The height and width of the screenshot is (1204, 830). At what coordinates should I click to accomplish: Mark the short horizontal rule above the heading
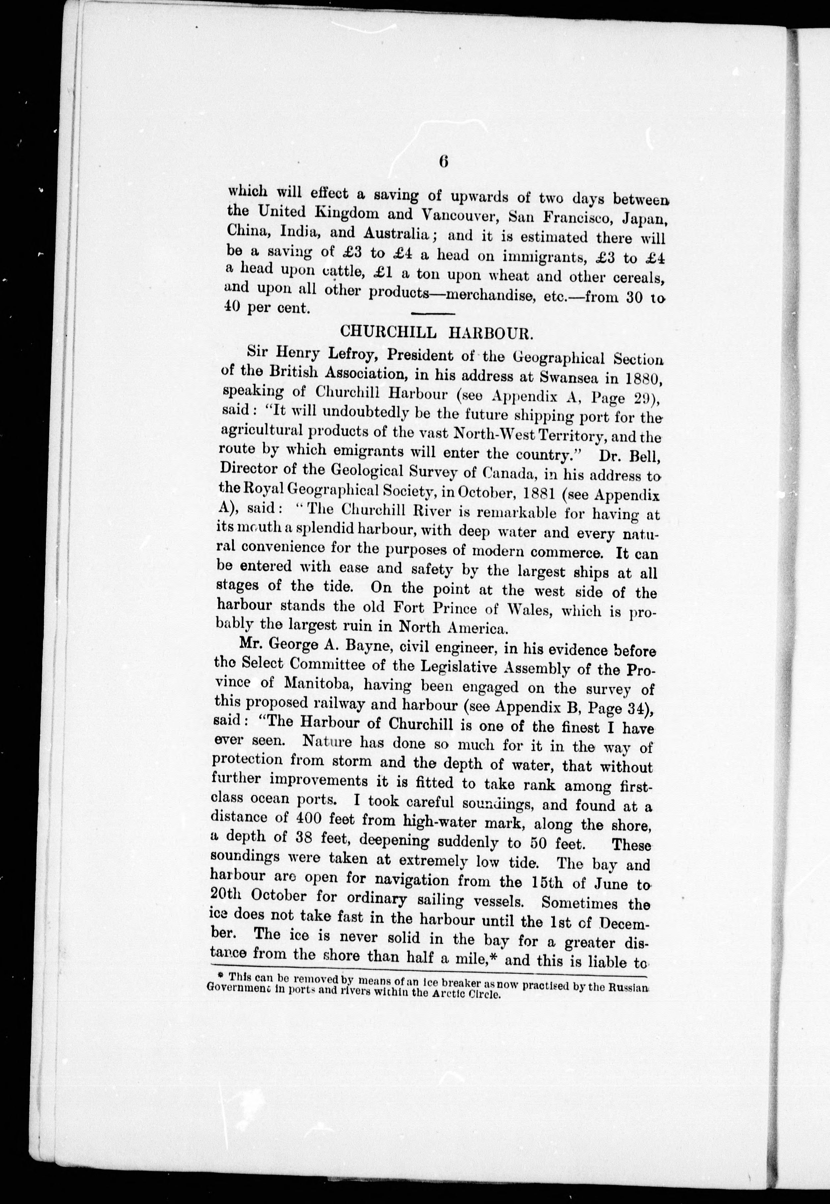[x=433, y=313]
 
